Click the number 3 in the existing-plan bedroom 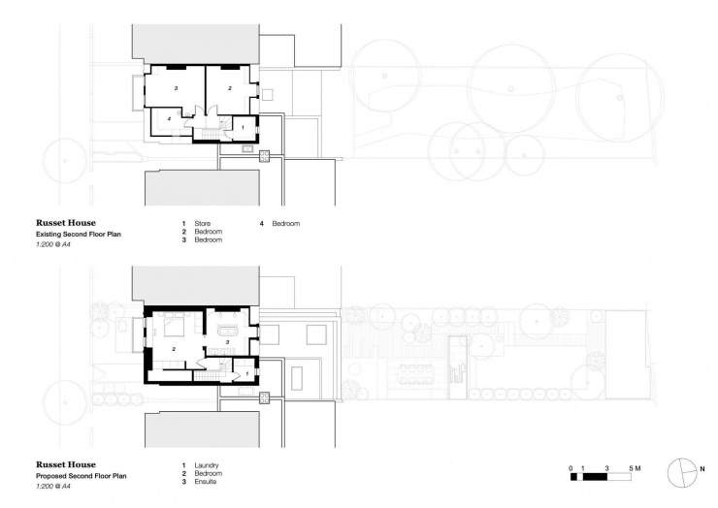176,88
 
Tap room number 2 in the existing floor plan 230,88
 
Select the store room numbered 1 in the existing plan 243,127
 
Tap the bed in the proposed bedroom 175,321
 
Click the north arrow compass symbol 682,471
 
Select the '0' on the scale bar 571,468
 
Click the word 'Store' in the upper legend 203,224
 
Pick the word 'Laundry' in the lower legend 207,465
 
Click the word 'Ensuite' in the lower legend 207,481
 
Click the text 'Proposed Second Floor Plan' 82,476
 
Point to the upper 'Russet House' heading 65,222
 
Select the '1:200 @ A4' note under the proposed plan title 53,486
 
